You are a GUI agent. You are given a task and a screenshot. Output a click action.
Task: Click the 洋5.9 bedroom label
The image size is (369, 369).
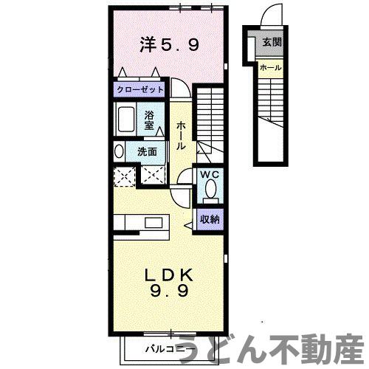(x=169, y=46)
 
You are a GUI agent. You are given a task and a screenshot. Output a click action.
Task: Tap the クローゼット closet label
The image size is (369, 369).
(x=140, y=89)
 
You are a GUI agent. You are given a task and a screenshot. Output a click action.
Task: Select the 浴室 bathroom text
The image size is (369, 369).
(x=150, y=120)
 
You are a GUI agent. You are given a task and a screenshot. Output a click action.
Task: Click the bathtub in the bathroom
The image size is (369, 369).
(x=127, y=118)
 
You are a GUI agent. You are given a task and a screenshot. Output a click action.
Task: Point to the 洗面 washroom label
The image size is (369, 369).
(x=146, y=151)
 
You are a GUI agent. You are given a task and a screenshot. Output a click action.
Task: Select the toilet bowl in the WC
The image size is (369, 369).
(x=211, y=190)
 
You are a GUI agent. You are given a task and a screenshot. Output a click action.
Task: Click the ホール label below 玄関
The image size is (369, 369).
(x=269, y=68)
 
